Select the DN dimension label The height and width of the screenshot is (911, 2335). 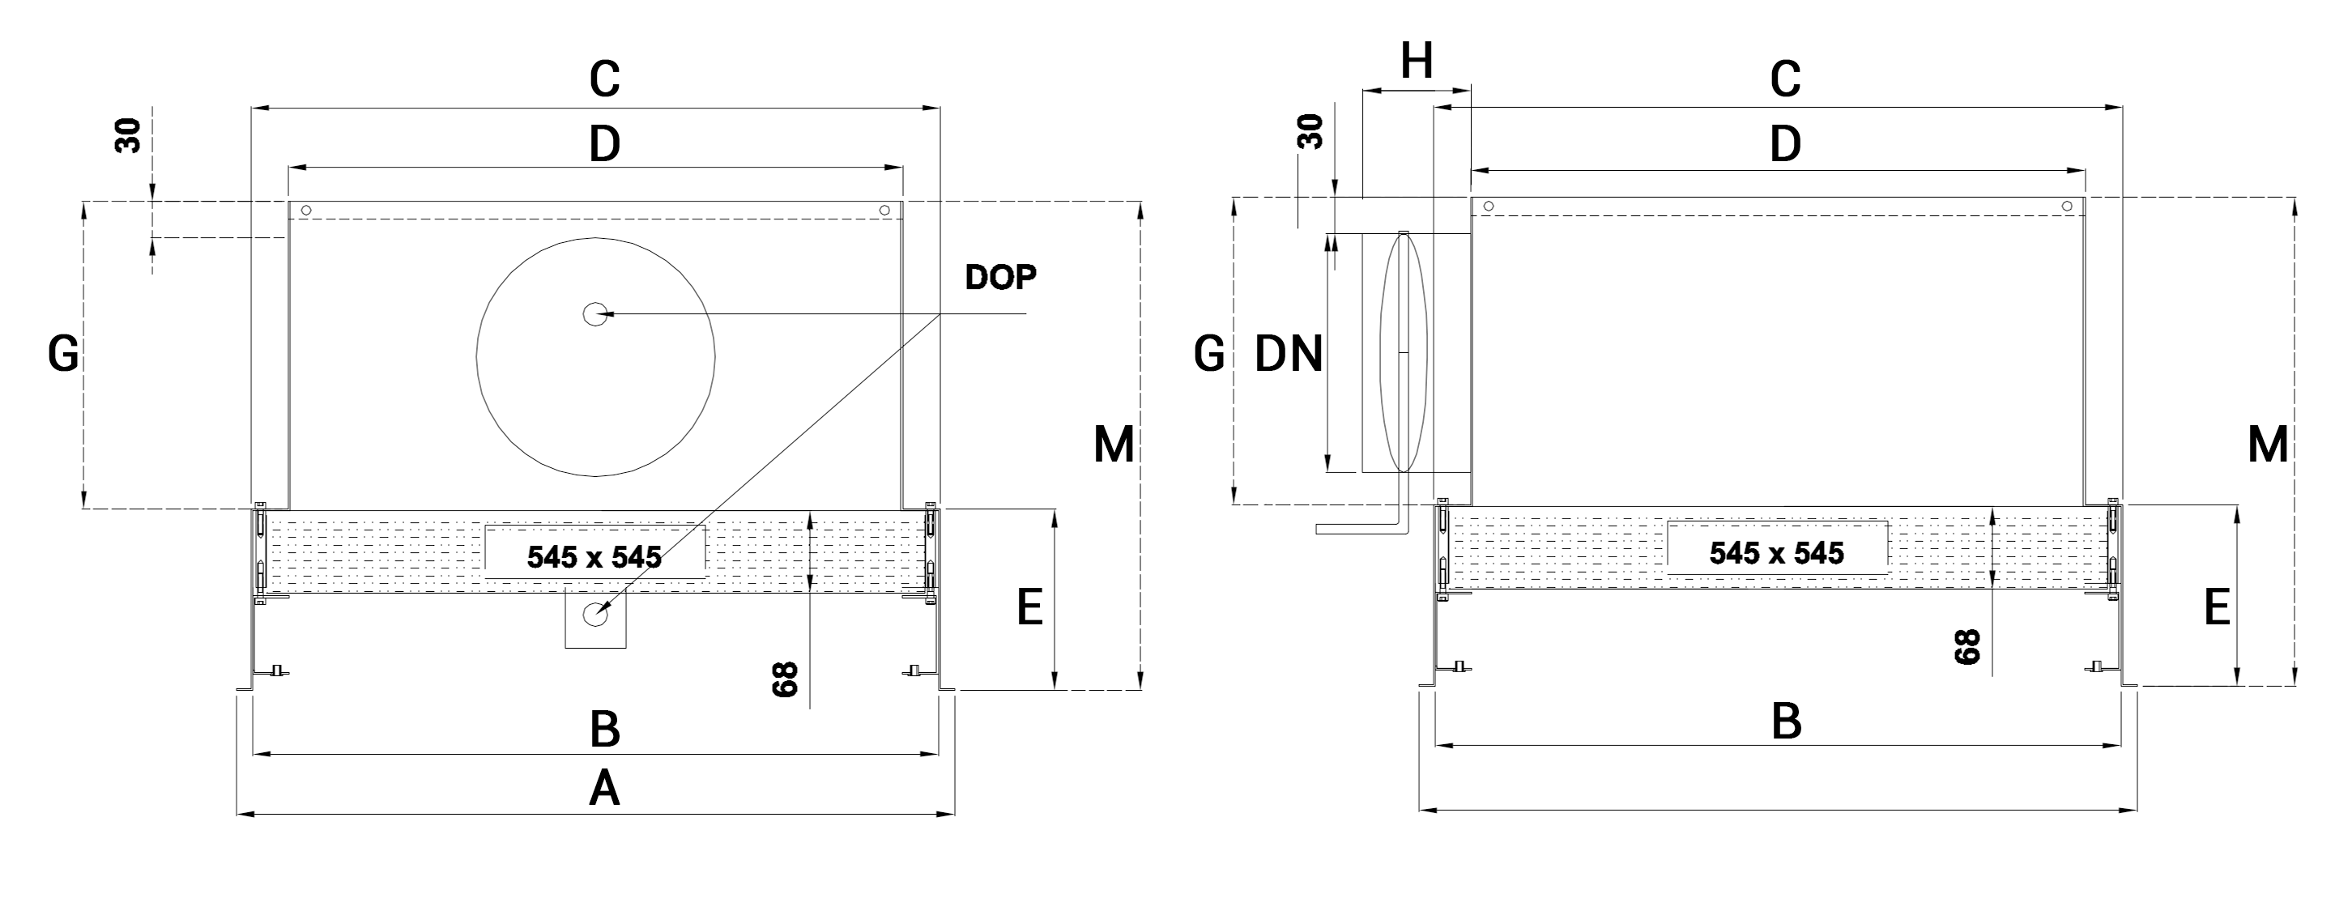[x=1288, y=355]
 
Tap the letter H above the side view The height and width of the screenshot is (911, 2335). [x=1416, y=62]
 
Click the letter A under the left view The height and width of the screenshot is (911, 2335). [x=604, y=789]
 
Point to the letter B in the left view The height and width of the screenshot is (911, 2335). [x=604, y=729]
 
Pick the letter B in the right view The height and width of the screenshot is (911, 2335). [x=1786, y=722]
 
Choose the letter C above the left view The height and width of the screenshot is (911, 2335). [x=604, y=80]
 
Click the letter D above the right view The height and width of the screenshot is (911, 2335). [x=1785, y=144]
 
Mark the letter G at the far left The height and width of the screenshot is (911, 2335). [x=63, y=355]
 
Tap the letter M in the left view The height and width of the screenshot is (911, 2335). [x=1113, y=445]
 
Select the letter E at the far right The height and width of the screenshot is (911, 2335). [x=2216, y=608]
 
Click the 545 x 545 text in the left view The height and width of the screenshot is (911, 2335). [x=594, y=556]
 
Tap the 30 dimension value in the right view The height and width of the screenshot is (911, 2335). [x=1310, y=131]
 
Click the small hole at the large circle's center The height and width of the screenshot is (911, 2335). [x=595, y=313]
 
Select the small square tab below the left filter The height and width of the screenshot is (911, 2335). [x=595, y=618]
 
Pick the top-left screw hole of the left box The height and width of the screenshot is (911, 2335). [x=306, y=211]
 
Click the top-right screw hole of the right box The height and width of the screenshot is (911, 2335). [x=2067, y=206]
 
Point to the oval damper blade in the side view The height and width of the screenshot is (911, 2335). [x=1403, y=351]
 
